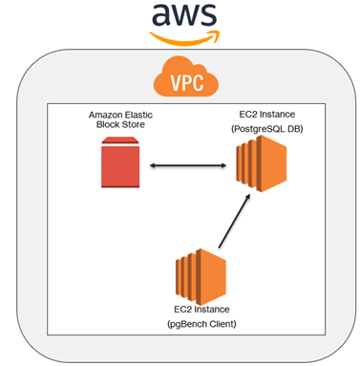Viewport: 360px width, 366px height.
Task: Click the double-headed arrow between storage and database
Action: (x=190, y=166)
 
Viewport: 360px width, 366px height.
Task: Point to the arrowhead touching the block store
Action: (x=153, y=166)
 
